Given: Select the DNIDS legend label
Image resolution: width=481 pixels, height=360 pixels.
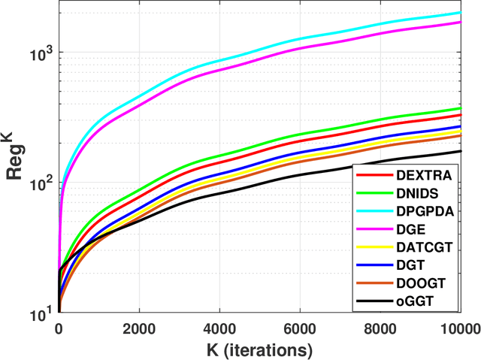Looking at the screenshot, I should point(416,194).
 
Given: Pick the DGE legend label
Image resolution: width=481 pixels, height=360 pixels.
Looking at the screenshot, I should point(410,230).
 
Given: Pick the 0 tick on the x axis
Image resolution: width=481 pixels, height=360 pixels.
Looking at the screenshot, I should point(59,328).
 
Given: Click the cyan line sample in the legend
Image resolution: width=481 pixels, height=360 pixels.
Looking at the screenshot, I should point(374,212).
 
